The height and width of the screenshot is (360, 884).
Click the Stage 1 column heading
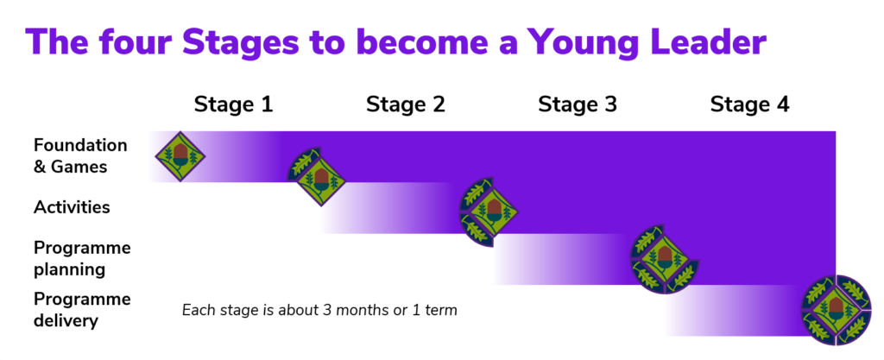[x=233, y=105]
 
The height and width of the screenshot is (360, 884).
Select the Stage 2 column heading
[x=405, y=105]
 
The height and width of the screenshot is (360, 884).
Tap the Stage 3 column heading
[x=578, y=105]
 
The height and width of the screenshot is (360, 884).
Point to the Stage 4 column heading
[x=749, y=105]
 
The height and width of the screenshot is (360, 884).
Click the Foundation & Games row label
[x=80, y=155]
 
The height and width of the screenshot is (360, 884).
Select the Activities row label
[x=72, y=207]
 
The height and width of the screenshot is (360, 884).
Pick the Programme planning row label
[x=82, y=258]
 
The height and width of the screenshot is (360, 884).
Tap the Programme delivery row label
[x=82, y=310]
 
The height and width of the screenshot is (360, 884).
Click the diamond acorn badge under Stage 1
[x=180, y=155]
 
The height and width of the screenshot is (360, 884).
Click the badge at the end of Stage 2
[x=489, y=211]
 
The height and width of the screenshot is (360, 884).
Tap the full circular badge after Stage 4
[x=837, y=310]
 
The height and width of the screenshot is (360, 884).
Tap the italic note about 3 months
[x=319, y=310]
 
